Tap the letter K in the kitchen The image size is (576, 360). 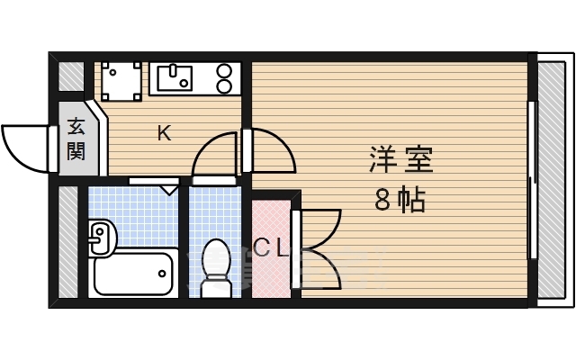[x=165, y=133]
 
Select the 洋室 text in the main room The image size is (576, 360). [x=401, y=160]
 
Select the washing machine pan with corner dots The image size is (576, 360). [x=121, y=79]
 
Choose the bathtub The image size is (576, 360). [x=133, y=271]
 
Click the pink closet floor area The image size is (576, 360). [x=272, y=270]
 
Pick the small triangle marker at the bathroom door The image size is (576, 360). [x=168, y=189]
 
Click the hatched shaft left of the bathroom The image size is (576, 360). [x=69, y=242]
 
